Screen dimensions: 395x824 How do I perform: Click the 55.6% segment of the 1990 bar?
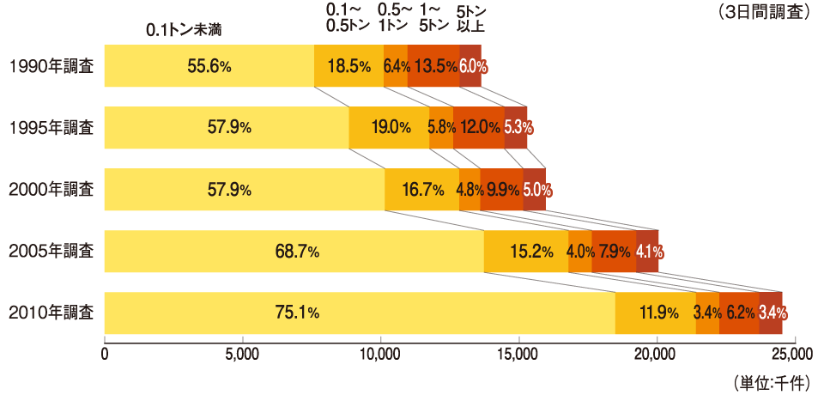[x=209, y=66]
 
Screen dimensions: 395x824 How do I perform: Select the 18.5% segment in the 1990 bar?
[x=348, y=66]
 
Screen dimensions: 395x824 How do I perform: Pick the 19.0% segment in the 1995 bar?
[x=389, y=128]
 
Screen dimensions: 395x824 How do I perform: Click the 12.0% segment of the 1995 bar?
[x=479, y=128]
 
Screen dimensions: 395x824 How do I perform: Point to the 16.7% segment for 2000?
[x=421, y=190]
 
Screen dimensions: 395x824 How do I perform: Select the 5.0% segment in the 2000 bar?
[x=535, y=190]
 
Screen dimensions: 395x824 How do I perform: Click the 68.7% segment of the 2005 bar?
[x=294, y=252]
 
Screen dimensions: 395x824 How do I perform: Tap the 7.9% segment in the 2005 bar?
[x=613, y=252]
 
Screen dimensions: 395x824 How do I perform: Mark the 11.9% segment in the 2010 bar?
[x=656, y=313]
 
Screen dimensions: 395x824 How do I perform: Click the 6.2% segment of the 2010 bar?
[x=739, y=313]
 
